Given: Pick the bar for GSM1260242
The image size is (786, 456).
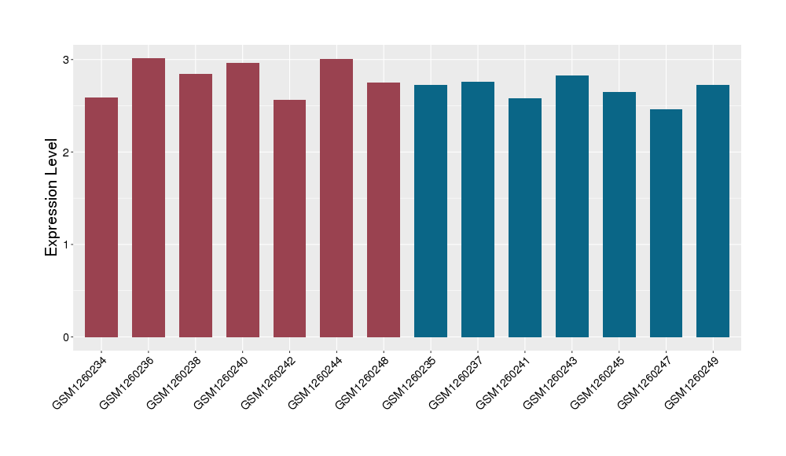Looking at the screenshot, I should pos(290,219).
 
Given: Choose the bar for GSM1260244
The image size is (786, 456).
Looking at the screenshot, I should pos(336,198).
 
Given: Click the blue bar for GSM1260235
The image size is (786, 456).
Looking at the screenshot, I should pos(431,211).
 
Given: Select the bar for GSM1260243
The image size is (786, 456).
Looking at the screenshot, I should pos(572,206).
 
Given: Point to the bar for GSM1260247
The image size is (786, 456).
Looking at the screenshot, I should pos(666,223).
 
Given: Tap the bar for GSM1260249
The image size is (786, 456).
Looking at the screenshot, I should pos(713,211).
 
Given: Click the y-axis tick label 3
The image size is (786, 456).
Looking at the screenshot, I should pos(68,60).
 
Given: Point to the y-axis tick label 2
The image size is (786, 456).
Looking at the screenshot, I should pos(68,152).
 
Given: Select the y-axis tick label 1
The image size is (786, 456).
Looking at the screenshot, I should pos(68,245).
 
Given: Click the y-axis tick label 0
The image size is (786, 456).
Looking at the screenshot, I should pos(68,337).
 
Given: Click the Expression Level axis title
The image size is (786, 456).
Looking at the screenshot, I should pos(52,197).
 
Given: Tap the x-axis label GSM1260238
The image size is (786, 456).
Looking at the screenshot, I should pos(173,382).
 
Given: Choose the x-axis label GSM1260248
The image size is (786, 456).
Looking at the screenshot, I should pos(362,382).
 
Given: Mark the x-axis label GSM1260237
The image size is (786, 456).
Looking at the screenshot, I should pos(456,382).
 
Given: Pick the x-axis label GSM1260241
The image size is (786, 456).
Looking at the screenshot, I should pos(503,382).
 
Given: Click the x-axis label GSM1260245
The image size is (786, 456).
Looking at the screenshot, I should pos(597,382).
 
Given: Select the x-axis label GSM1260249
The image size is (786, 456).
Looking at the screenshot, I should pos(692,382).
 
